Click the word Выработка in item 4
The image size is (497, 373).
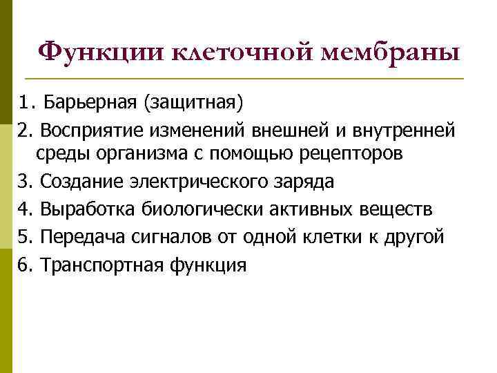88,209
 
